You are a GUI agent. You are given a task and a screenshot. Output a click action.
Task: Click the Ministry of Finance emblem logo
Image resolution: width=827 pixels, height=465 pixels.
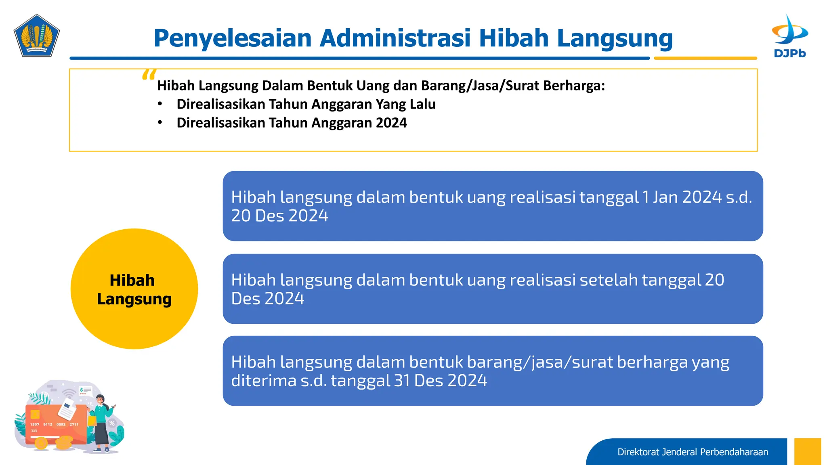[x=37, y=36]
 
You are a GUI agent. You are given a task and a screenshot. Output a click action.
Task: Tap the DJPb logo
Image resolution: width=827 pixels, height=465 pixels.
[x=789, y=37]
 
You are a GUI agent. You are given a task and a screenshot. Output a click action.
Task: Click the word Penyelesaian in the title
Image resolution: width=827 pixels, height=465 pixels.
[x=233, y=38]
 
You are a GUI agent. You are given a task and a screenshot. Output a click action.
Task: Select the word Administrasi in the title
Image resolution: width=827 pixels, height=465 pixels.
[x=395, y=38]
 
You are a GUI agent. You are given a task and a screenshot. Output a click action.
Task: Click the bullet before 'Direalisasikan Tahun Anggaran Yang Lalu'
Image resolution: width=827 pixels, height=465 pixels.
[x=160, y=104]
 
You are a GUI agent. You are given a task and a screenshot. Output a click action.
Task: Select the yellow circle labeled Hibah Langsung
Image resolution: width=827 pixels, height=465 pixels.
[x=134, y=289]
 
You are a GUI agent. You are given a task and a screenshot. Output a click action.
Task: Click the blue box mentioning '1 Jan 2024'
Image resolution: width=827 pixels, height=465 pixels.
[x=493, y=206]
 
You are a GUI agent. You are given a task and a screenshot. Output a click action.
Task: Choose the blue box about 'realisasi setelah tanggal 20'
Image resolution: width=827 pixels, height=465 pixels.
[x=493, y=289]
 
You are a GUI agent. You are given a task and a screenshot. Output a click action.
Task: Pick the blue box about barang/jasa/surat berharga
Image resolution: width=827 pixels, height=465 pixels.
[x=493, y=371]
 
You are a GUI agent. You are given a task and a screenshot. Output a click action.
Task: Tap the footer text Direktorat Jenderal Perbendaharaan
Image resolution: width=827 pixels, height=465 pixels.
[x=693, y=452]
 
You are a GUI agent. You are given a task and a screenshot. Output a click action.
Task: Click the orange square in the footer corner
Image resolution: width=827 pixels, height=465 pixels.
[x=807, y=451]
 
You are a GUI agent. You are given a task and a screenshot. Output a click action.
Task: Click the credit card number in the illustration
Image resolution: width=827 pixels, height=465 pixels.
[x=54, y=424]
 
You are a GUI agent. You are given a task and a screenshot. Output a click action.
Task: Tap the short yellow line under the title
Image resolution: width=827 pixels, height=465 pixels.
[x=705, y=58]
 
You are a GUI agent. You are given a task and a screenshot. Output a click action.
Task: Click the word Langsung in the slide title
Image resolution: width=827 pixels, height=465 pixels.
[x=615, y=38]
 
